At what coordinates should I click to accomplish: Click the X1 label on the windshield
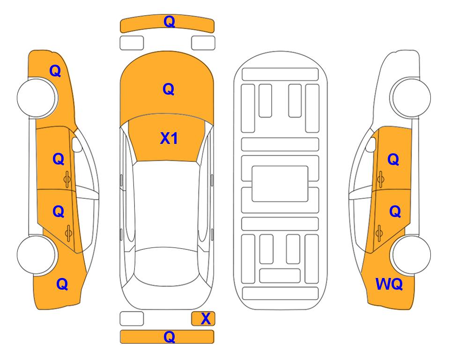169,139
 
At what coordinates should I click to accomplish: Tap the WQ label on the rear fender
389,284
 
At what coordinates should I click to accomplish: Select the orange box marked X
203,319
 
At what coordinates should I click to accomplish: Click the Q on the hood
169,89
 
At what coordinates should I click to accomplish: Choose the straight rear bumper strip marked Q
167,337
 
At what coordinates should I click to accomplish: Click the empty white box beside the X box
132,319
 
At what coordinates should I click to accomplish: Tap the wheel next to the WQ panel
410,255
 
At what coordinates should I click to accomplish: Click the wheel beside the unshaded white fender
410,97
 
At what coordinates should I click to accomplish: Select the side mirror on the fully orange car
76,144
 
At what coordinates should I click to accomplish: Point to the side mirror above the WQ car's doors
371,144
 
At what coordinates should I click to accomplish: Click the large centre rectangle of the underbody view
280,184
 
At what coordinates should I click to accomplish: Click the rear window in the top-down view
167,266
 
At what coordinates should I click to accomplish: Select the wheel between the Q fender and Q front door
37,97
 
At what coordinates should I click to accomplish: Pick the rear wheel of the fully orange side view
37,255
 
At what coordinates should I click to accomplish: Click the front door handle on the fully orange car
67,179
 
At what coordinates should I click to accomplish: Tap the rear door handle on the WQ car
379,232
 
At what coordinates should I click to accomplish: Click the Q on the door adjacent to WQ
395,212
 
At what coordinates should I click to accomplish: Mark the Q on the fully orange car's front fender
55,71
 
